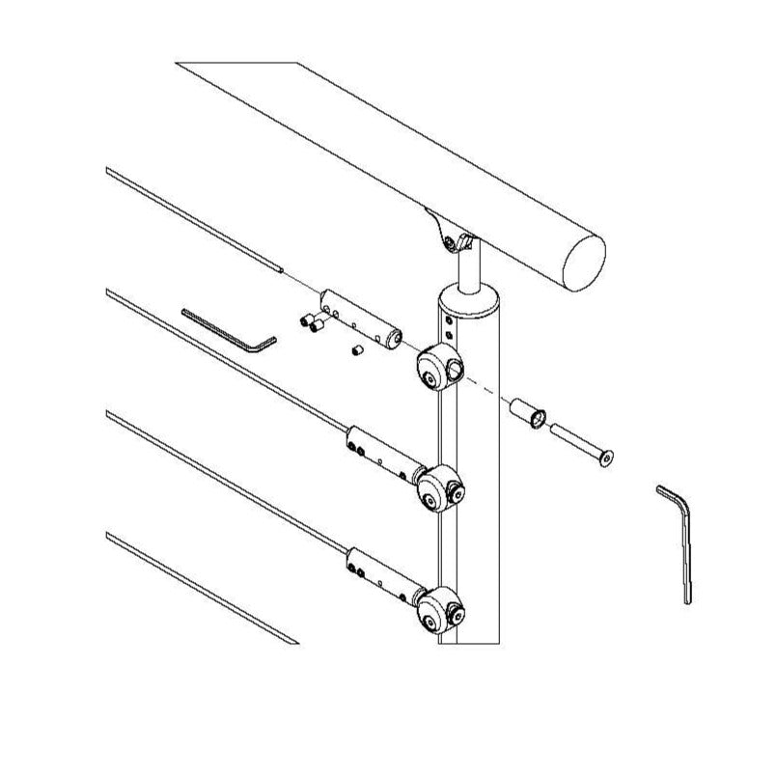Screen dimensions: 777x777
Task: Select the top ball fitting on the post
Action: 439,365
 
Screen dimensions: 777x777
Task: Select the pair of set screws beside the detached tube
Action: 312,324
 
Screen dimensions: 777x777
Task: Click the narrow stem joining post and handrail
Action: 471,267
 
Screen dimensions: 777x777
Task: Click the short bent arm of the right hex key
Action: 668,492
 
